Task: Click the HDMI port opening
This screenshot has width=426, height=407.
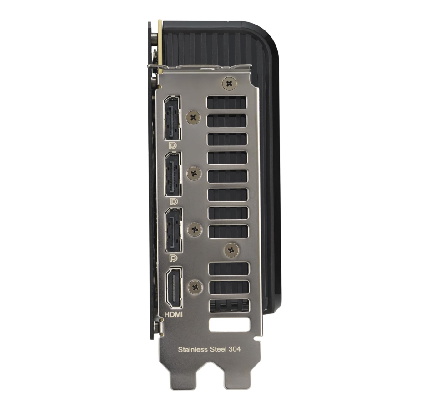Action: point(174,288)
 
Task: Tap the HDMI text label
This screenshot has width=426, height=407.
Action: point(174,314)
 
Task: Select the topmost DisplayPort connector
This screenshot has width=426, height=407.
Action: point(172,118)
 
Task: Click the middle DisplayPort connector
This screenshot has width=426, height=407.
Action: point(173,174)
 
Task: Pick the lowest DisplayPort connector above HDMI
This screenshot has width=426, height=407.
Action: point(173,230)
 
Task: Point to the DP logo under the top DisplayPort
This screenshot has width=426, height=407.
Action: point(172,146)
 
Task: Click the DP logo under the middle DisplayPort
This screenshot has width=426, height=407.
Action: point(174,202)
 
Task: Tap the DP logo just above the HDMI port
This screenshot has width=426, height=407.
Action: point(173,258)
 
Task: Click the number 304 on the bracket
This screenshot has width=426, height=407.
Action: point(235,349)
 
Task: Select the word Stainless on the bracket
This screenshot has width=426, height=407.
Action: point(193,349)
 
